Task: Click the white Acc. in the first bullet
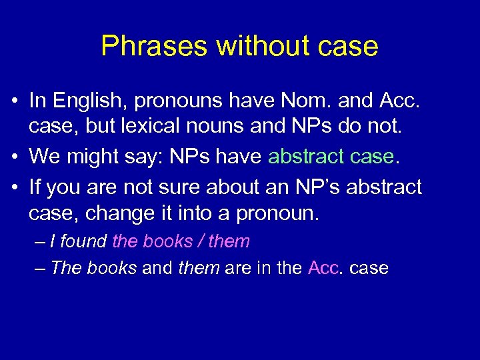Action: tap(399, 101)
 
